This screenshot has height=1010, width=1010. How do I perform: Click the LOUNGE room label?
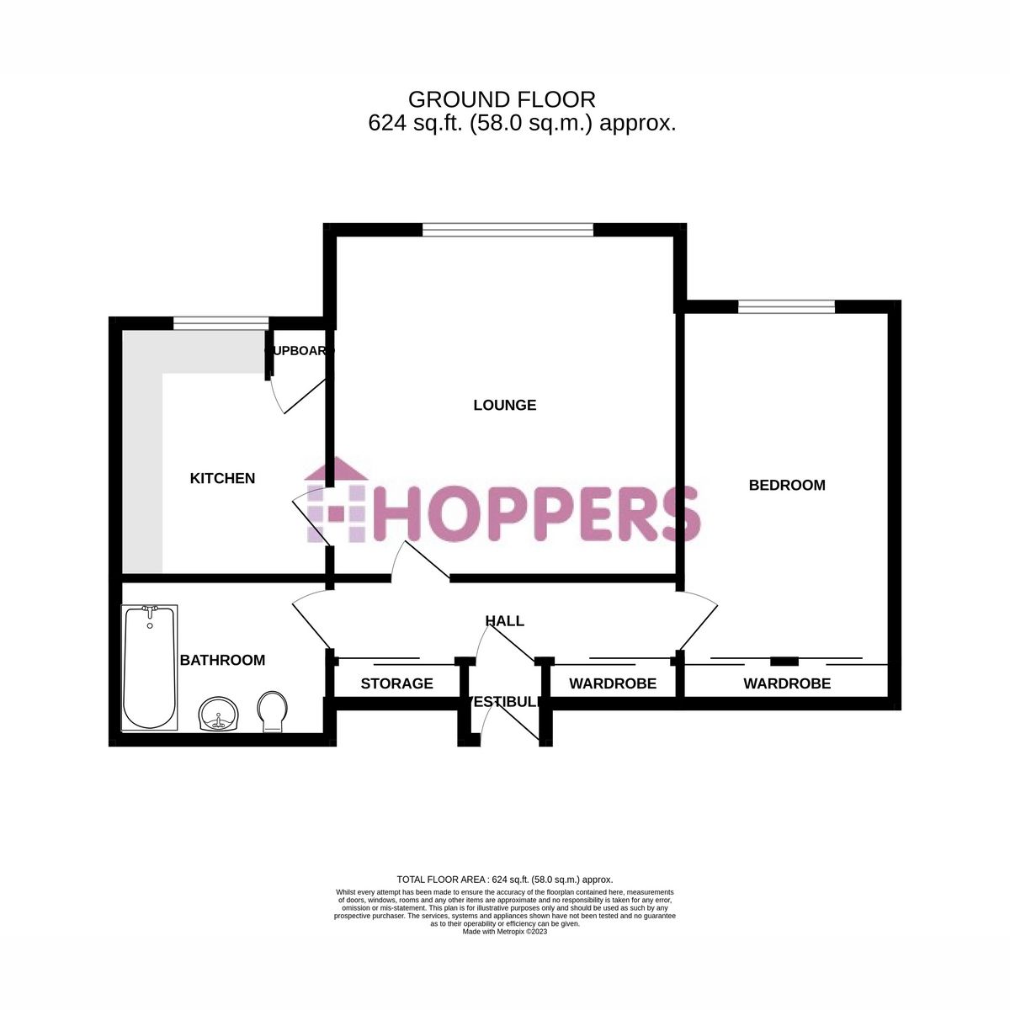(504, 405)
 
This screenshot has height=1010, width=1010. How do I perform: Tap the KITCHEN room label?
(222, 478)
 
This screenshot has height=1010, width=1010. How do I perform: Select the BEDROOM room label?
(787, 485)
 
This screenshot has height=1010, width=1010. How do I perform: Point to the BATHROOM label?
(222, 660)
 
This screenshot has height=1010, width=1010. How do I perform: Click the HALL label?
(504, 621)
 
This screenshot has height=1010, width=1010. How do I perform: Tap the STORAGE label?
(396, 683)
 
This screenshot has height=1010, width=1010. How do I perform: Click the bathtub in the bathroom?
(149, 667)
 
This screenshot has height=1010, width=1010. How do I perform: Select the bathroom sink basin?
(221, 715)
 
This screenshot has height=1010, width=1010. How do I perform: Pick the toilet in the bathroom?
(271, 712)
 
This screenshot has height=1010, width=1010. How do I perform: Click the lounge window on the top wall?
(508, 228)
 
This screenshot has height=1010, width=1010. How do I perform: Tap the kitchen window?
(221, 322)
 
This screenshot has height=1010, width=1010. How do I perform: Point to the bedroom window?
(786, 306)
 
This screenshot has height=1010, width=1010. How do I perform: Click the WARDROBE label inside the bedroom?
(787, 683)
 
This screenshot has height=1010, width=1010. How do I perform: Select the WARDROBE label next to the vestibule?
(613, 683)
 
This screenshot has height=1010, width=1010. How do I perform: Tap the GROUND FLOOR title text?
(502, 99)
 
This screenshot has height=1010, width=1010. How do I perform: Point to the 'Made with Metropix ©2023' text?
(505, 932)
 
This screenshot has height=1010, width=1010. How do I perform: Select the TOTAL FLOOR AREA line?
(505, 879)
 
